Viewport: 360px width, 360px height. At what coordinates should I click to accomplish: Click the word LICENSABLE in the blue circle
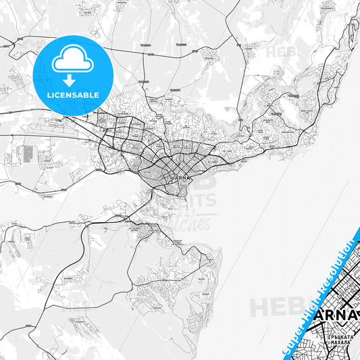pyautogui.click(x=73, y=95)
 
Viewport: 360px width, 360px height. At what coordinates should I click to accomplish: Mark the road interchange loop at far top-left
pyautogui.click(x=8, y=46)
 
